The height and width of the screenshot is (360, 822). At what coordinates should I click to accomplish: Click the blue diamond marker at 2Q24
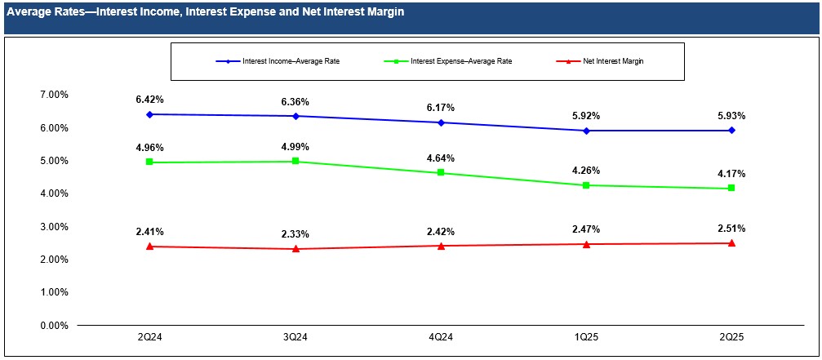[x=149, y=114]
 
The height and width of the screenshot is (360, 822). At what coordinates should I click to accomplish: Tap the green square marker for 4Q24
[x=441, y=173]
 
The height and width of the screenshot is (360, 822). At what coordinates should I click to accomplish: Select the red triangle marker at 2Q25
[x=731, y=242]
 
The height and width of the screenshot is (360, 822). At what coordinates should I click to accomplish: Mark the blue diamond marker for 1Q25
[x=586, y=131]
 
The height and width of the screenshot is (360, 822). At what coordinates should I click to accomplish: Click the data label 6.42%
[x=149, y=99]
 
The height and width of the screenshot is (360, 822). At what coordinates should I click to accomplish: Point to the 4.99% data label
[x=295, y=146]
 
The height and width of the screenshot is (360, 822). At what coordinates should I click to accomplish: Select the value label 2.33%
[x=295, y=234]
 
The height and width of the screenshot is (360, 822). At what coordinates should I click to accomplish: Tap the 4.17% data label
[x=731, y=173]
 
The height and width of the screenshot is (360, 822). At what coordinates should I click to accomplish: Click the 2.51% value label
[x=731, y=228]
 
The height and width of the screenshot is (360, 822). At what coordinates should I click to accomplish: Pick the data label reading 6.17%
[x=441, y=107]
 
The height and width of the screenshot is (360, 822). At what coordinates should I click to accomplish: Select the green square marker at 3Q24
[x=295, y=162]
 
